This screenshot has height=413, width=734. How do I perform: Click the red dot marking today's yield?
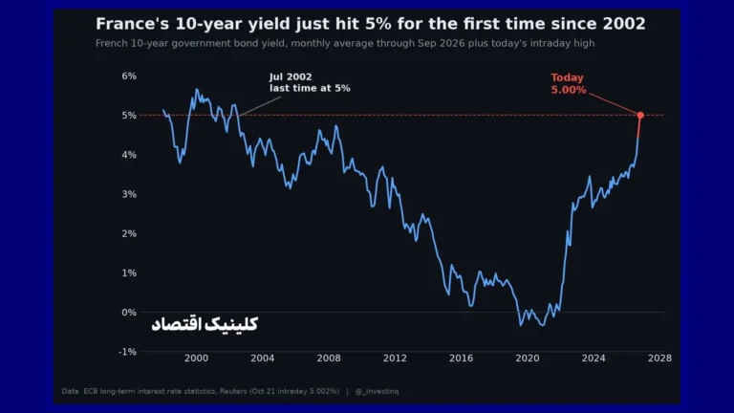[640, 115]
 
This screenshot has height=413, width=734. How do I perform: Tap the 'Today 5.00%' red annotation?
[568, 84]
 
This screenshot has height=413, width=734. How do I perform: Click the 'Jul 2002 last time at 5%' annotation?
[310, 82]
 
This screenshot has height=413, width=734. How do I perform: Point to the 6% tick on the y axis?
[129, 76]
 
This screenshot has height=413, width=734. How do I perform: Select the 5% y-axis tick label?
[129, 115]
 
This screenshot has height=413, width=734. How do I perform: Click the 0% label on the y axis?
[129, 313]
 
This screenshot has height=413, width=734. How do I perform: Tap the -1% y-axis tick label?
[127, 352]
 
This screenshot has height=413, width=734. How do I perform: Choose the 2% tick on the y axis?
[129, 233]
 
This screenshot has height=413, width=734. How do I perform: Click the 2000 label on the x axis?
[196, 359]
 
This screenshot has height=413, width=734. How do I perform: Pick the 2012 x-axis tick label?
[395, 359]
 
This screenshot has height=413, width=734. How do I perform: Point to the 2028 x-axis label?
[659, 359]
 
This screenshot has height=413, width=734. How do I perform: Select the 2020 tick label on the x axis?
[528, 359]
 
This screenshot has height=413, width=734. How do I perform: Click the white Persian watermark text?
[205, 324]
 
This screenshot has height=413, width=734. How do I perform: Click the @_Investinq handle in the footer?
[377, 391]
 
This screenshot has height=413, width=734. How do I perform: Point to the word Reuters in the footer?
[233, 391]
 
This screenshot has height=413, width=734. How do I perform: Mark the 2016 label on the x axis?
[461, 359]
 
